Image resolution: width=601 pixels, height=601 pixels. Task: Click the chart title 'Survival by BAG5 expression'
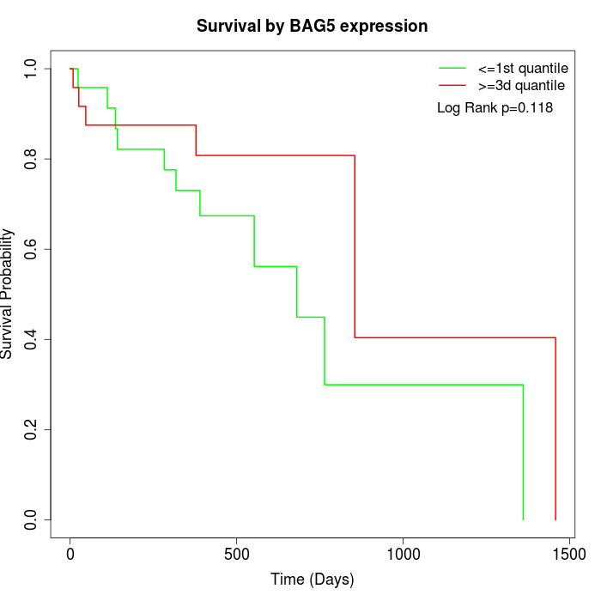point(312,26)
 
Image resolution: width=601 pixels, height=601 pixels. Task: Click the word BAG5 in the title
point(313,26)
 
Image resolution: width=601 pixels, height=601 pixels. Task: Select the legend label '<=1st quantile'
point(522,68)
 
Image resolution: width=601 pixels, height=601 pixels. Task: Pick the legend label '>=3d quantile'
point(521,86)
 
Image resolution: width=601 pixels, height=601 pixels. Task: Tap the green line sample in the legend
point(452,68)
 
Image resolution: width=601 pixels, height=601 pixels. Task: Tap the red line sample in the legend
point(452,86)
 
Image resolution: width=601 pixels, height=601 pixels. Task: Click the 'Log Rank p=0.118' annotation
point(495,108)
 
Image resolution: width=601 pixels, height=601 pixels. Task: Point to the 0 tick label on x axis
point(70,555)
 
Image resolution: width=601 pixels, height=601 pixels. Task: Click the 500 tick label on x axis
point(237,555)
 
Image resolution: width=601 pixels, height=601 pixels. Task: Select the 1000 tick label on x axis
point(403,555)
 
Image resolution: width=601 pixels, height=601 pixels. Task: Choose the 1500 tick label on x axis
point(568,555)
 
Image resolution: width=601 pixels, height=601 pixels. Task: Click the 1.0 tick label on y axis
point(32,69)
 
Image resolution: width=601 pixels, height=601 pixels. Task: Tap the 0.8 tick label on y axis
point(32,159)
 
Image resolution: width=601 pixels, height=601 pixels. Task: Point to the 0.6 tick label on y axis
point(32,249)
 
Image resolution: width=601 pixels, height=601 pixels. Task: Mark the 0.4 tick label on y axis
point(32,339)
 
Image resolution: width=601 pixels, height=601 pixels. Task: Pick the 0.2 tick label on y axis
point(32,429)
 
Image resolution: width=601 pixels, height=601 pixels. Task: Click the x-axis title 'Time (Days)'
point(312,580)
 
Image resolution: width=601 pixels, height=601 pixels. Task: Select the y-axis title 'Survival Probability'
point(9,294)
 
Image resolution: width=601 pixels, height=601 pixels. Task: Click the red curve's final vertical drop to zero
point(555,429)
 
